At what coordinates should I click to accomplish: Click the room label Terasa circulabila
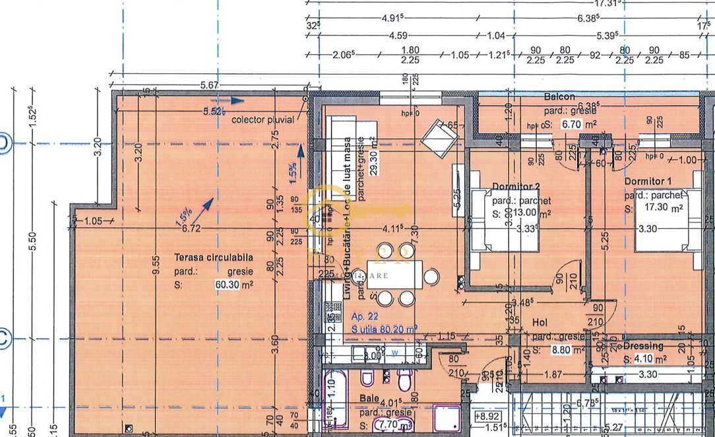point(213,258)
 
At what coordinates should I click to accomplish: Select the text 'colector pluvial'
point(263,120)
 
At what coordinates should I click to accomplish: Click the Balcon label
point(559,97)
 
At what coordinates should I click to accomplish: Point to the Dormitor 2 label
point(516,185)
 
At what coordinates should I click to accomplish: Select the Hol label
point(541,323)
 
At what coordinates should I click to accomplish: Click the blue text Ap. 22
point(365,316)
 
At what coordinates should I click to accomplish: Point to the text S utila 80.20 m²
point(385,328)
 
